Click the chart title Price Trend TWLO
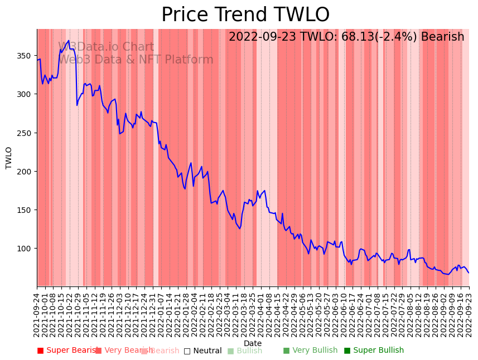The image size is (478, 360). pyautogui.click(x=245, y=15)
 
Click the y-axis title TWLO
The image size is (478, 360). pyautogui.click(x=9, y=158)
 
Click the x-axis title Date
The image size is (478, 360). pyautogui.click(x=253, y=343)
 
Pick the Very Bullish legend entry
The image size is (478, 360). pyautogui.click(x=310, y=351)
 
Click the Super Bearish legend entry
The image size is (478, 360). pyautogui.click(x=68, y=351)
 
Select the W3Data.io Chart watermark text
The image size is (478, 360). pyautogui.click(x=106, y=47)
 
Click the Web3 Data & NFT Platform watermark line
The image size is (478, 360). pyautogui.click(x=136, y=60)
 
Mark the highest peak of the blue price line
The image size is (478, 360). pyautogui.click(x=69, y=40)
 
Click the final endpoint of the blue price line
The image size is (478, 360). pyautogui.click(x=469, y=273)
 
